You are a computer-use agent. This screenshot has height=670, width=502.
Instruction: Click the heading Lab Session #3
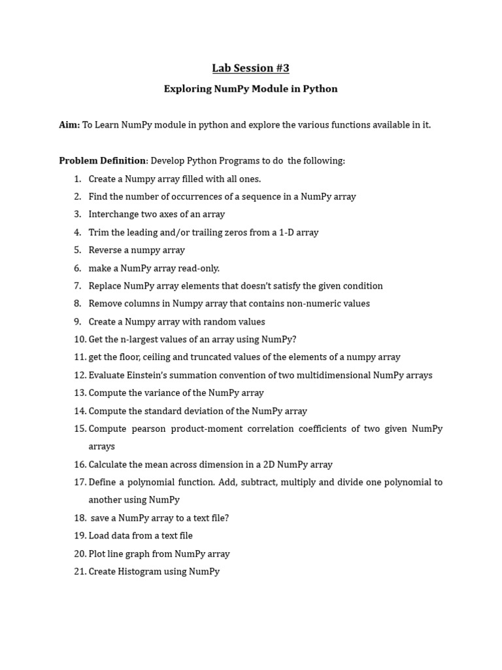[250, 68]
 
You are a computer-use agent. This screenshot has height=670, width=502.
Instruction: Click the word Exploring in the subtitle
[187, 89]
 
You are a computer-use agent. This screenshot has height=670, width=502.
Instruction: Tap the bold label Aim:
[69, 125]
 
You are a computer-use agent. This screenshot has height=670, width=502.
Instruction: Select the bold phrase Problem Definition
[102, 161]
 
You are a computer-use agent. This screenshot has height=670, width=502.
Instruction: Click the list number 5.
[78, 250]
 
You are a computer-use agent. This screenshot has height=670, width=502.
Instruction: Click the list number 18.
[80, 518]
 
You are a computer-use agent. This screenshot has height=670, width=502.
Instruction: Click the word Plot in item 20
[97, 554]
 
